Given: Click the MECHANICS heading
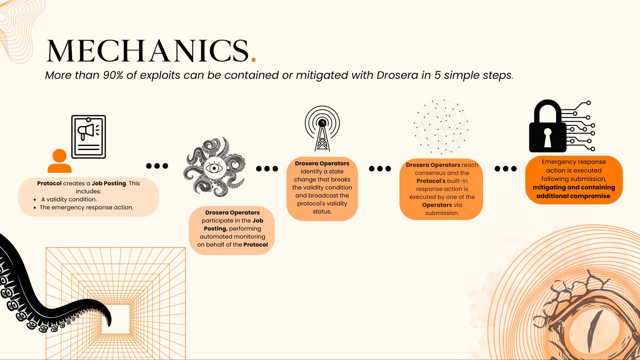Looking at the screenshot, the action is [x=148, y=50].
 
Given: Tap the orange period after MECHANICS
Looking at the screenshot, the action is [x=254, y=60].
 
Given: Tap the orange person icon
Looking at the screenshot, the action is [x=60, y=161].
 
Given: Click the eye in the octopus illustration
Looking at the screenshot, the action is [x=214, y=168].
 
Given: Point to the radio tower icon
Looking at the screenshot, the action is [x=322, y=128].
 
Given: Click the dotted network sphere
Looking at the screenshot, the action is [x=441, y=126].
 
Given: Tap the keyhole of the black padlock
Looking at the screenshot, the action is [x=548, y=137].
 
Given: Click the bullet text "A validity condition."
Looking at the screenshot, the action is [x=69, y=200].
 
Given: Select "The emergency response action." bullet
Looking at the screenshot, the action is [x=86, y=208].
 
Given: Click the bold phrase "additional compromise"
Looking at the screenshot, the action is [x=573, y=196].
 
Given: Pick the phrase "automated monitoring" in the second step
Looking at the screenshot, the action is [x=232, y=236].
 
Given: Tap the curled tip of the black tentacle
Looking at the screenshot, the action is [x=108, y=320].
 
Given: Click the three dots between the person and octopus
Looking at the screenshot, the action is [x=157, y=166].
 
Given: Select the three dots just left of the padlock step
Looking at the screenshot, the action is [x=506, y=168].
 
